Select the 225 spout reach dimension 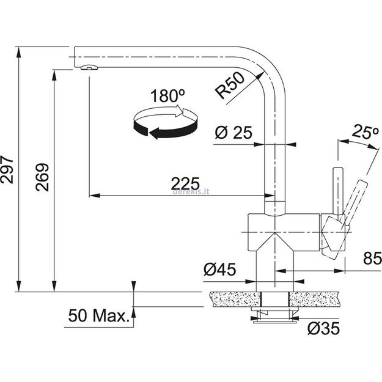pos(185,183)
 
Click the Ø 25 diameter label pos(234,132)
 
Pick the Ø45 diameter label pos(221,268)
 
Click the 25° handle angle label pos(361,133)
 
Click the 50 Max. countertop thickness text pos(98,316)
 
